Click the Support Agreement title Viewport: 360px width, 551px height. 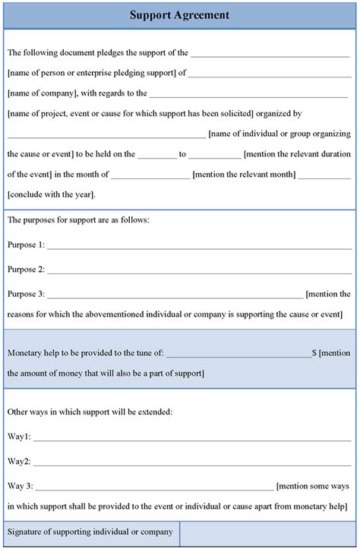179,15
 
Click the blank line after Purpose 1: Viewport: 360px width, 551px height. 199,247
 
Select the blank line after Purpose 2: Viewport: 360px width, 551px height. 199,272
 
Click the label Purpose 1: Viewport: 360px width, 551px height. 26,244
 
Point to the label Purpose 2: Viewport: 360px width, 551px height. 26,269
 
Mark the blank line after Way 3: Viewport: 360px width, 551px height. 154,488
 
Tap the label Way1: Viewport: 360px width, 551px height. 19,436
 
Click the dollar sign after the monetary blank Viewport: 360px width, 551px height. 314,353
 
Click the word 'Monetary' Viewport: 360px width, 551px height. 24,353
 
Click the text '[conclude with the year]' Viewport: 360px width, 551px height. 51,194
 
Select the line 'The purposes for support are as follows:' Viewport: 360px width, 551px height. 78,220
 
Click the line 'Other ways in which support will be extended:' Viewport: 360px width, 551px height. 90,411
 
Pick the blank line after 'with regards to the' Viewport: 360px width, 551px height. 249,96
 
